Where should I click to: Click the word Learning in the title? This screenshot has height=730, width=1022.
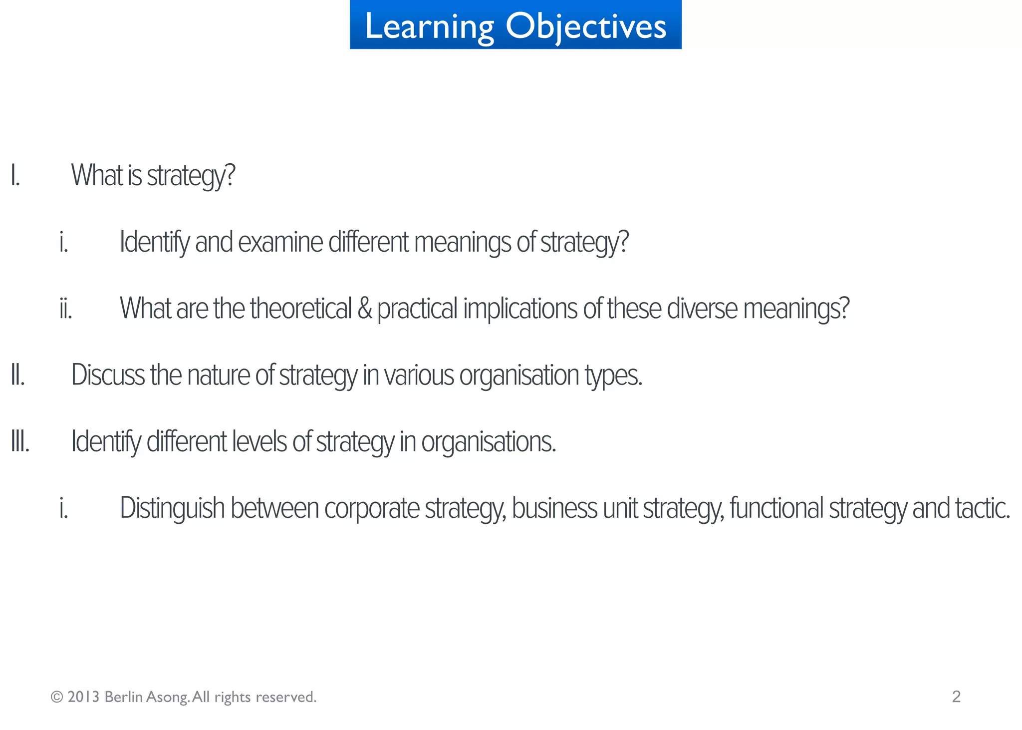429,26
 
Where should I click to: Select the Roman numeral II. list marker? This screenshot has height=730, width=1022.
18,375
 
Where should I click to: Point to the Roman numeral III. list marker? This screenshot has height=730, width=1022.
20,442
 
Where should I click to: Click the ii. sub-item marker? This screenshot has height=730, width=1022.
66,309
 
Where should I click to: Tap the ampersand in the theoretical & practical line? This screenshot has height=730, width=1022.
365,309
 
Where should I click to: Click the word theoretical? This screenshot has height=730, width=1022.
301,309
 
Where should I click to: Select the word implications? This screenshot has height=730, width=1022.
520,309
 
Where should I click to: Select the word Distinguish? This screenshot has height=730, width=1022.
172,509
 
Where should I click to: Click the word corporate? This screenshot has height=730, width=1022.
372,509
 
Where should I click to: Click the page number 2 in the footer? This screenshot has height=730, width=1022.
956,697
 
